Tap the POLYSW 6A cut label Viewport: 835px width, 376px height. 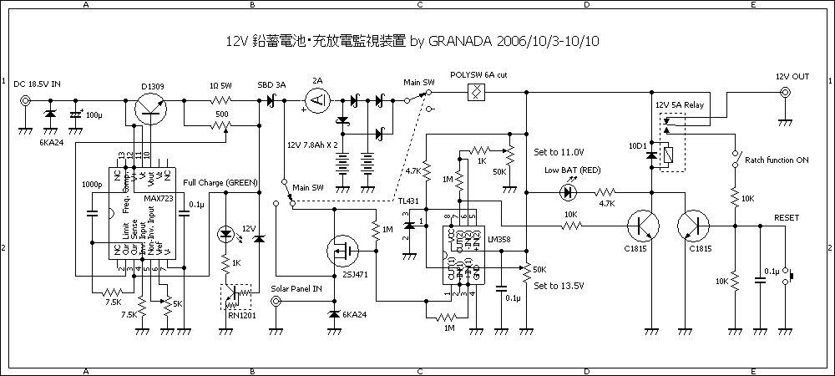click(x=478, y=75)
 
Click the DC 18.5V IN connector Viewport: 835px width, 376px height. click(x=26, y=101)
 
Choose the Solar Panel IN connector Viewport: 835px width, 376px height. click(x=276, y=303)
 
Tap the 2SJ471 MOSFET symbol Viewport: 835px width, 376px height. click(x=343, y=249)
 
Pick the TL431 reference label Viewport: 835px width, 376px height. click(x=408, y=202)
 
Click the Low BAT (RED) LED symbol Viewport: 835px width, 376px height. click(x=569, y=191)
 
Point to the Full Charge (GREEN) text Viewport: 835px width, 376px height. click(x=220, y=182)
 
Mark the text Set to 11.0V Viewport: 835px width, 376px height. click(x=559, y=152)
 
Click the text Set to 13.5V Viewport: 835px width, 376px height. click(x=559, y=286)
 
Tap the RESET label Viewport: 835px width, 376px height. click(x=787, y=217)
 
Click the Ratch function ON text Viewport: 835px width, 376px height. click(x=777, y=160)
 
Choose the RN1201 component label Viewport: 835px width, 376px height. click(x=236, y=315)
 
